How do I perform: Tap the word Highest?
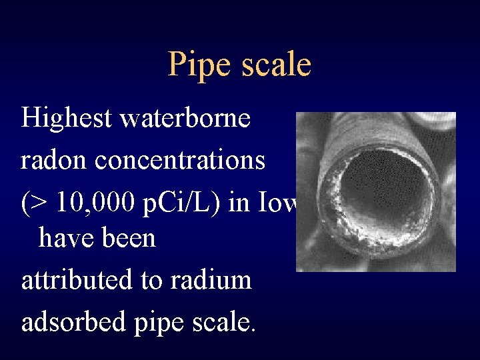tap(65, 119)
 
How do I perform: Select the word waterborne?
tap(185, 119)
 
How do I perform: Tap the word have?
tap(64, 237)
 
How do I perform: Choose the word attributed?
tap(77, 279)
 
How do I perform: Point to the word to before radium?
tap(152, 280)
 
